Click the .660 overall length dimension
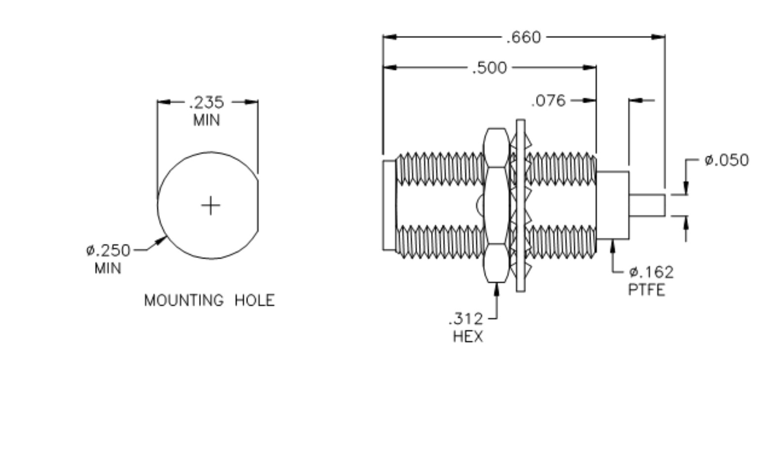pyautogui.click(x=524, y=38)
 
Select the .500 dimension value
pyautogui.click(x=489, y=68)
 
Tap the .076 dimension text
pyautogui.click(x=548, y=101)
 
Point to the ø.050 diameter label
pyautogui.click(x=726, y=160)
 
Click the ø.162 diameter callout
pyautogui.click(x=651, y=272)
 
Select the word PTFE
pyautogui.click(x=646, y=289)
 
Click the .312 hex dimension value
pyautogui.click(x=466, y=319)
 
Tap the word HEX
pyautogui.click(x=468, y=336)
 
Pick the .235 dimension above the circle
pyautogui.click(x=206, y=103)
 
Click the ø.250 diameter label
pyautogui.click(x=108, y=250)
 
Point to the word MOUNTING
pyautogui.click(x=184, y=300)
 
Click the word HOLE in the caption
pyautogui.click(x=254, y=300)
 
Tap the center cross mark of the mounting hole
pyautogui.click(x=211, y=205)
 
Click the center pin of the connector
pyautogui.click(x=647, y=205)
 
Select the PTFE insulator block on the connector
pyautogui.click(x=613, y=205)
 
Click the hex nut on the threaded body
pyautogui.click(x=496, y=205)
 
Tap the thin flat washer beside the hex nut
pyautogui.click(x=520, y=205)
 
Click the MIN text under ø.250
pyautogui.click(x=108, y=268)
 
